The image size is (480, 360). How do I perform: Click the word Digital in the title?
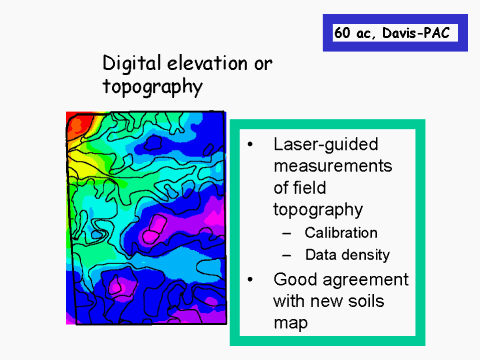point(131,64)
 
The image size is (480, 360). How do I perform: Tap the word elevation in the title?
point(207,63)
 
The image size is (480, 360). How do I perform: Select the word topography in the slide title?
point(153,87)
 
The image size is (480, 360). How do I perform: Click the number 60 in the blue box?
point(342,33)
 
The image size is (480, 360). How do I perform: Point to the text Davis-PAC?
point(416,33)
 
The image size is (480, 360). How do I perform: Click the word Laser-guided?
point(326,145)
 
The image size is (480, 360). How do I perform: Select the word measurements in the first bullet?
point(333,166)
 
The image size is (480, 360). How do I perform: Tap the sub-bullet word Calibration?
point(341,233)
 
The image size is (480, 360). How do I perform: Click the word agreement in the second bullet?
point(366,280)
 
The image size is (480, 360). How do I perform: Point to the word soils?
point(366,301)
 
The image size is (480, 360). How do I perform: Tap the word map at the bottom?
point(290,323)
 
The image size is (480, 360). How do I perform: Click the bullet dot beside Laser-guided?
point(250,145)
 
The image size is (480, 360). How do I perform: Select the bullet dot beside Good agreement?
point(250,280)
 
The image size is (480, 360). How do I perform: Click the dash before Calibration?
point(286,234)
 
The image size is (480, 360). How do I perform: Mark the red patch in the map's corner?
point(76,126)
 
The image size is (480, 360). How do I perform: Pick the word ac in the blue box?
point(366,34)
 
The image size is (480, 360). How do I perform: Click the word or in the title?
point(263,64)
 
